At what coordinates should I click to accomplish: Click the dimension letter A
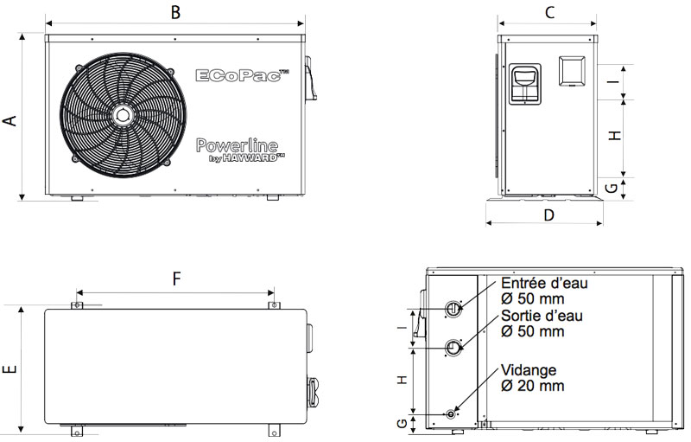(x=10, y=120)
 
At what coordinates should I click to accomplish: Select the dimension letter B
(x=175, y=12)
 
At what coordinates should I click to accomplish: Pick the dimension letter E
(x=10, y=369)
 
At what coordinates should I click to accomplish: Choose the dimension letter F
(x=175, y=279)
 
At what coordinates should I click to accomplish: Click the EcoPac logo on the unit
(x=242, y=76)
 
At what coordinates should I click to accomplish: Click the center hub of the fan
(x=123, y=114)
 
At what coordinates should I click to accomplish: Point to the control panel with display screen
(x=527, y=84)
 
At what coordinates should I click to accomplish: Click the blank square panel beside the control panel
(x=572, y=71)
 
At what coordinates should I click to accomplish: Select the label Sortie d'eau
(x=542, y=316)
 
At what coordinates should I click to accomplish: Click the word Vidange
(x=529, y=369)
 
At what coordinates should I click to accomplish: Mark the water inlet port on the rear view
(x=454, y=308)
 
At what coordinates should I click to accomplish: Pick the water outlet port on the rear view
(x=454, y=348)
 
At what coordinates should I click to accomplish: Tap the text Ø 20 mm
(x=532, y=386)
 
